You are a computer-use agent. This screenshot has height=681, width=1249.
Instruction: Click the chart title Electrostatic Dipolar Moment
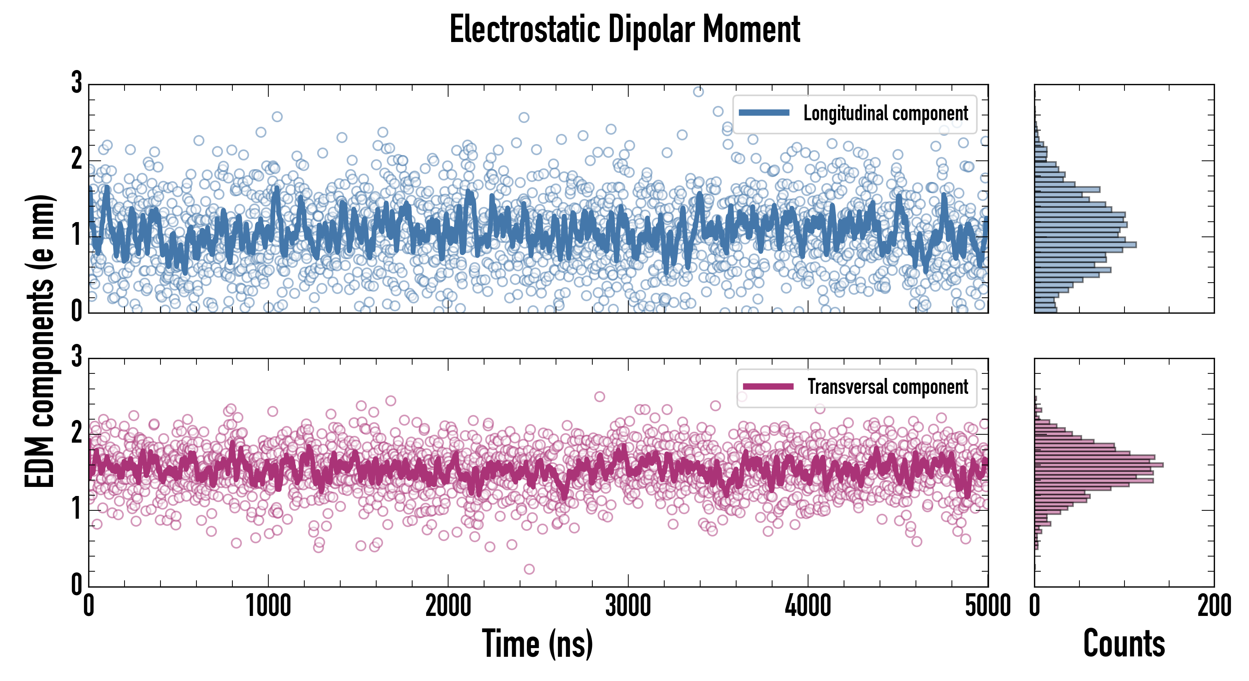pyautogui.click(x=624, y=30)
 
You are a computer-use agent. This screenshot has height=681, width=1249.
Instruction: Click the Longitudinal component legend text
pyautogui.click(x=885, y=113)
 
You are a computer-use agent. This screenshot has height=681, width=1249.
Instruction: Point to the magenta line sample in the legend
pyautogui.click(x=768, y=386)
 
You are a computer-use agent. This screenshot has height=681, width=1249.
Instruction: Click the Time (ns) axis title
pyautogui.click(x=537, y=644)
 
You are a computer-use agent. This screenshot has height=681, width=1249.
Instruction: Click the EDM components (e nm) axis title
pyautogui.click(x=40, y=341)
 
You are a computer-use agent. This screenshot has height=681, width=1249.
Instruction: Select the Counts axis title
pyautogui.click(x=1124, y=644)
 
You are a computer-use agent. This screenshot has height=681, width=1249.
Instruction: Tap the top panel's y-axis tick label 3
pyautogui.click(x=76, y=82)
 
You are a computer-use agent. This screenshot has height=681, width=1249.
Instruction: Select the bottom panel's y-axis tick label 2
pyautogui.click(x=76, y=432)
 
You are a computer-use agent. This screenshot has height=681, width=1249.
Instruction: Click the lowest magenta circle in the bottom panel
pyautogui.click(x=529, y=569)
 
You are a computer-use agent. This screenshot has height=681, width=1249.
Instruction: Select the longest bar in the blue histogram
pyautogui.click(x=1085, y=245)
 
